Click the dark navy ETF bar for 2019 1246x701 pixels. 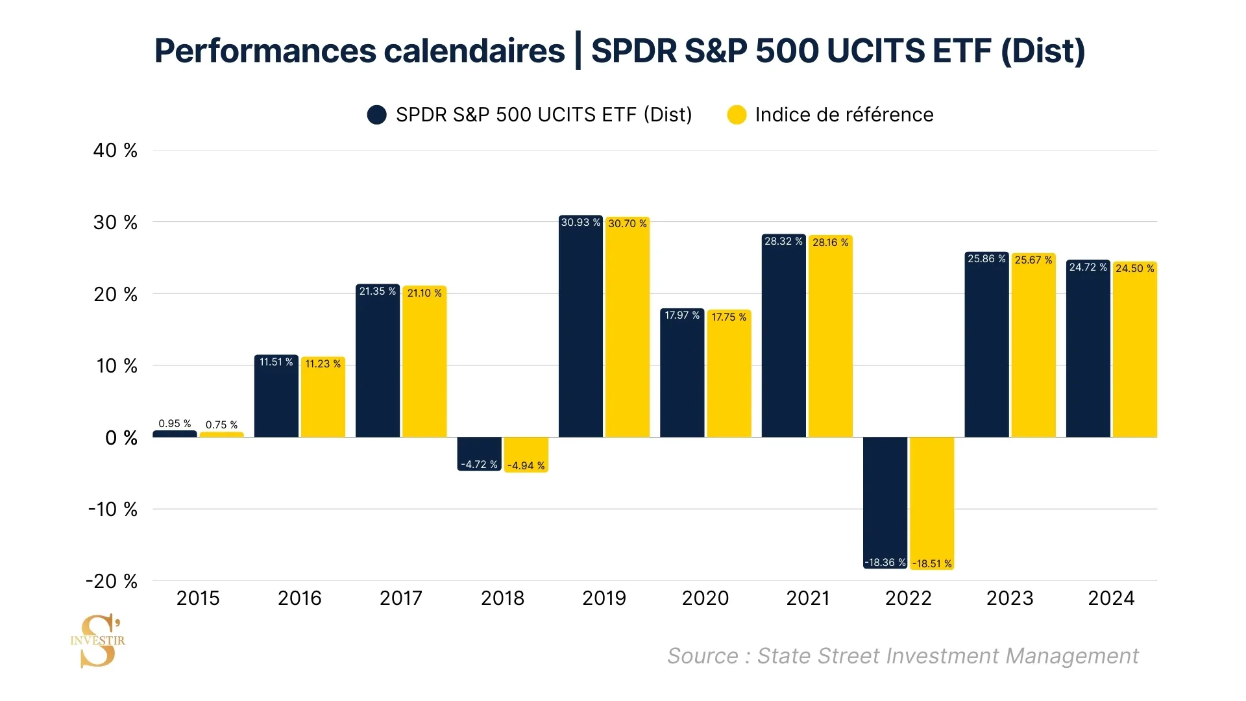(580, 331)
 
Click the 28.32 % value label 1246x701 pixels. (783, 241)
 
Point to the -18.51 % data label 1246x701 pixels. (932, 563)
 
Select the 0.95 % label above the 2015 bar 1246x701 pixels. (175, 423)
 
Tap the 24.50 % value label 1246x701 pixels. (1135, 268)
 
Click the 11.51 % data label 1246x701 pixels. (276, 362)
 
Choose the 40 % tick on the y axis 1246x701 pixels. (116, 151)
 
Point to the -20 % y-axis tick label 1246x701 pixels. (112, 581)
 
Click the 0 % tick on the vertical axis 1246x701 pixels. (121, 438)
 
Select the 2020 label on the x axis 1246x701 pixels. (705, 598)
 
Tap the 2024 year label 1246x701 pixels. (1111, 598)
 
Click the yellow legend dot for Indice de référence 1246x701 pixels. (737, 115)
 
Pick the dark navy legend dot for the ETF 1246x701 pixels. (376, 115)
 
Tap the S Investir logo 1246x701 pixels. (98, 641)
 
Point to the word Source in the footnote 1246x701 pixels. (702, 656)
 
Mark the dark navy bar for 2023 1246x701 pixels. (986, 347)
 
